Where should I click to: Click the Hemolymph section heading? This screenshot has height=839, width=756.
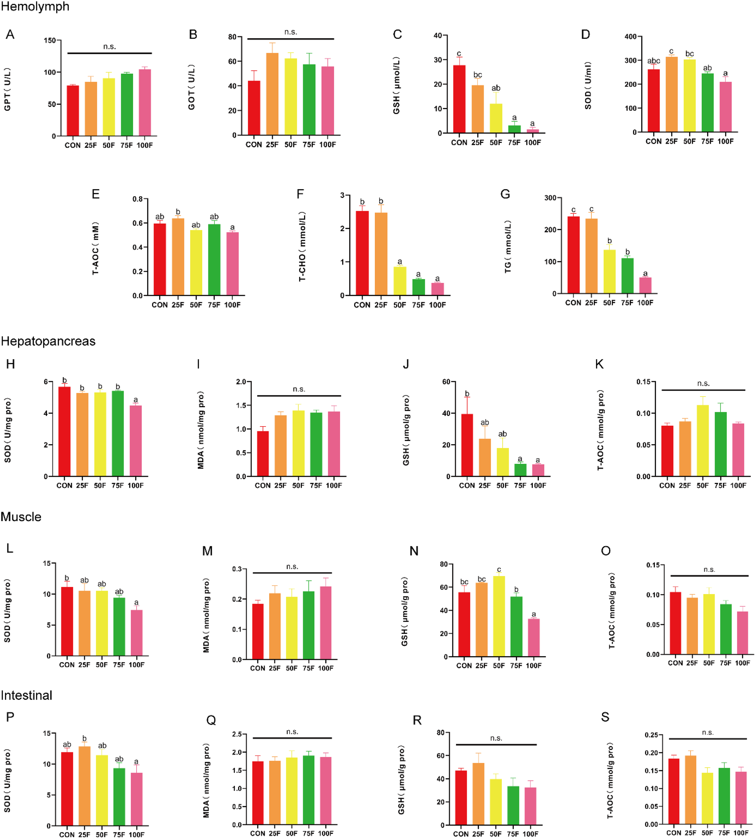click(35, 7)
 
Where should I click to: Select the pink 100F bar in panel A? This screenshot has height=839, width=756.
click(145, 103)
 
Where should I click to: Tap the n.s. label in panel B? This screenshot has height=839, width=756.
click(290, 32)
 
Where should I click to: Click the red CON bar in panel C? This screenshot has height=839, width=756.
click(459, 100)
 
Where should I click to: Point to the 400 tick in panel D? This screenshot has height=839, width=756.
click(630, 37)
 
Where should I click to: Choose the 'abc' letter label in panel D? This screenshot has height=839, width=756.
click(653, 61)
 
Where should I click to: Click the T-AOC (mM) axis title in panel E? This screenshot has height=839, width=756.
click(96, 248)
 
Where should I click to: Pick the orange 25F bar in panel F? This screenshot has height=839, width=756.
click(381, 254)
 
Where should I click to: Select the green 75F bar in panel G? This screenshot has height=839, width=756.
click(627, 276)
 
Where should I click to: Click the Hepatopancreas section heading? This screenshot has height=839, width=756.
click(48, 341)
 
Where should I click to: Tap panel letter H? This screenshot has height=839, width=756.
click(10, 364)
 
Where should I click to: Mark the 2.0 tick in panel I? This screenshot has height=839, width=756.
click(241, 382)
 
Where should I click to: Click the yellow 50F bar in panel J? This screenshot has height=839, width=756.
click(502, 462)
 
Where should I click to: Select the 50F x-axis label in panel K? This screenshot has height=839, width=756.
click(702, 485)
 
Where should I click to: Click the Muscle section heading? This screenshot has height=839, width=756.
click(21, 517)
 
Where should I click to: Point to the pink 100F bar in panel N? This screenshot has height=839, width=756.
click(533, 638)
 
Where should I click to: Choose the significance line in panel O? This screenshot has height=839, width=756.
click(709, 576)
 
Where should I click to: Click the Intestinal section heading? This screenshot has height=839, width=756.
click(27, 695)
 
